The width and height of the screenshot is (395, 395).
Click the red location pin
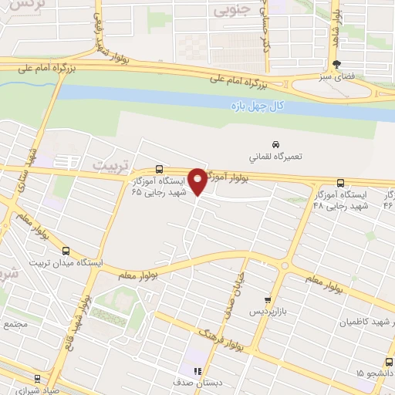pos(197,181)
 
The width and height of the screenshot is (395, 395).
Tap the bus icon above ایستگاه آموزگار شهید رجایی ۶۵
pos(159,168)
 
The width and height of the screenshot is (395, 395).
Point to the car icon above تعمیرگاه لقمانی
pos(275,144)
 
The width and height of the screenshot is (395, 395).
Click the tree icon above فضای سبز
pos(336,65)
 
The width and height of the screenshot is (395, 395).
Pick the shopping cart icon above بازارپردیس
pos(268,300)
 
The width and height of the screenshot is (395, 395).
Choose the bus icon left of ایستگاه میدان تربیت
pos(66,250)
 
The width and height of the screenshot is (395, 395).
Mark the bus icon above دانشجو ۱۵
pos(387,362)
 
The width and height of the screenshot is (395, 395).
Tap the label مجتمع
pos(15,325)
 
